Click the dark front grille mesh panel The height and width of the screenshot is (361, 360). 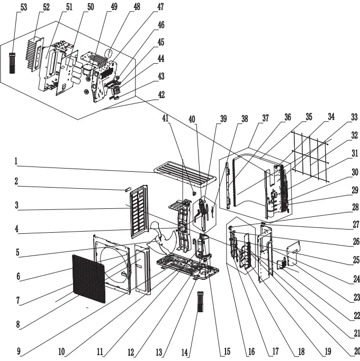pos(88,279)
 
